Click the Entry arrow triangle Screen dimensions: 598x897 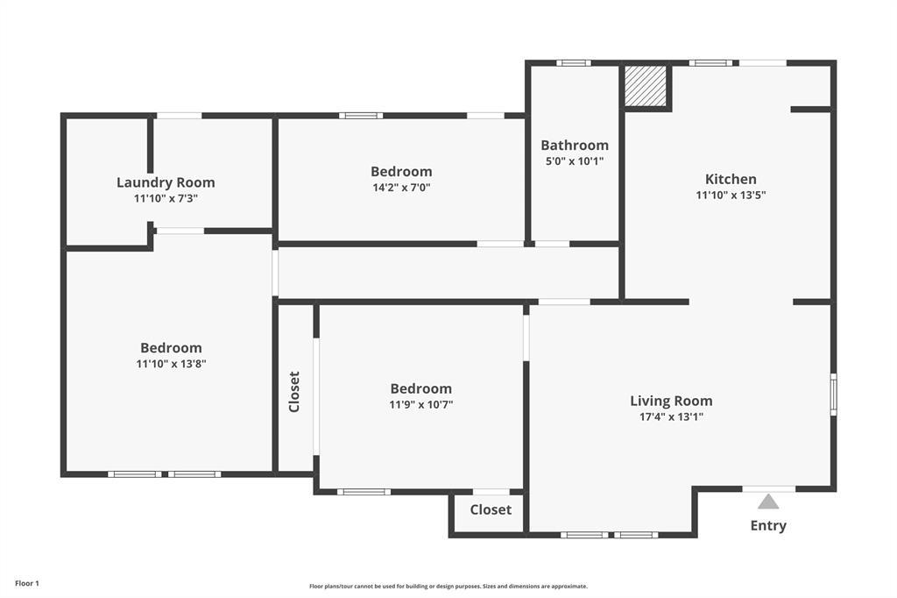[768, 502]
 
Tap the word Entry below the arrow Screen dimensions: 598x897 [768, 526]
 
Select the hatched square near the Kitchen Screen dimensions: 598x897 [645, 85]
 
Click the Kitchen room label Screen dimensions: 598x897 [731, 179]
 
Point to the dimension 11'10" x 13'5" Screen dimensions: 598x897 [731, 196]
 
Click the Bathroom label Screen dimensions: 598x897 [574, 145]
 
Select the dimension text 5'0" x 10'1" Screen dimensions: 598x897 [574, 161]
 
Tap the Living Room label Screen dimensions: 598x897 [671, 401]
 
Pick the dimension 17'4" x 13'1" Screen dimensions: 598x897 [671, 417]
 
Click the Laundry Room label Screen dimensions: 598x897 [166, 182]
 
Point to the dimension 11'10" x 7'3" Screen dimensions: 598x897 [166, 199]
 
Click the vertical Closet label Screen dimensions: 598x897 [294, 392]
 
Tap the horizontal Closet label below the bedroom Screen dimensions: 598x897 [491, 509]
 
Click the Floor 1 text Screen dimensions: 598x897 [27, 583]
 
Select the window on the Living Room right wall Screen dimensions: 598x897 [833, 395]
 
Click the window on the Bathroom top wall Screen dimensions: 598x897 [573, 63]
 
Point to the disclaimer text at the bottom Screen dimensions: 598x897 [448, 587]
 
